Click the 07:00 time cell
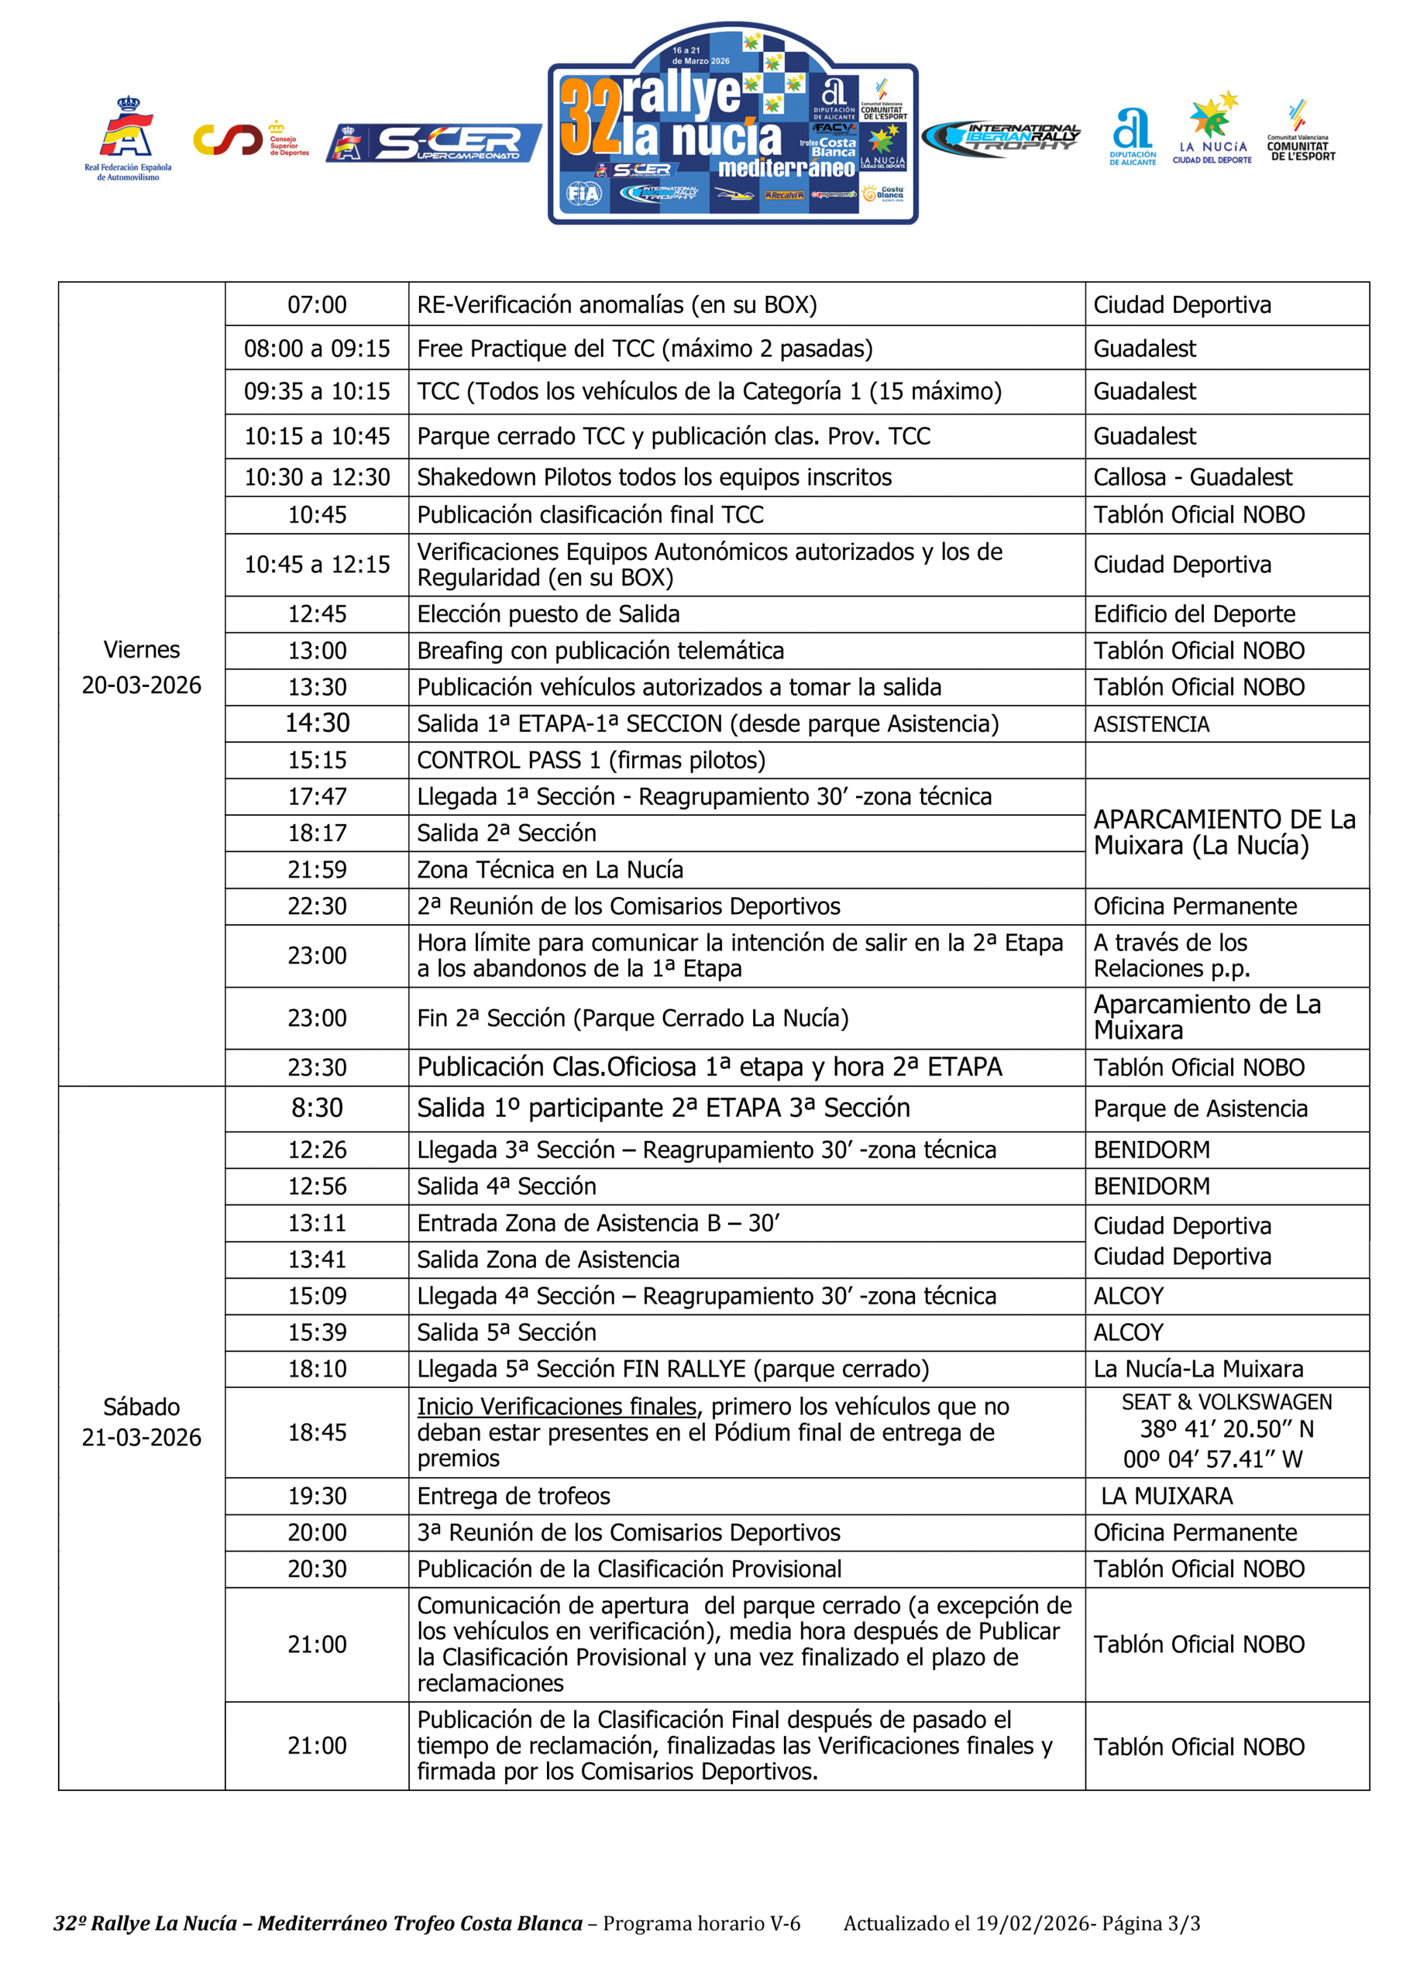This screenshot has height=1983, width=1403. click(x=316, y=305)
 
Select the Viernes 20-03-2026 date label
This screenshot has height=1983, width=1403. click(x=142, y=668)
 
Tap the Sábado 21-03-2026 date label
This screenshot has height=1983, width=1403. click(x=142, y=1421)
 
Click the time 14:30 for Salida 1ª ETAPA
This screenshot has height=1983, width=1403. click(x=316, y=723)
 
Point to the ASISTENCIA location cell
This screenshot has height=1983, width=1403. click(x=1150, y=724)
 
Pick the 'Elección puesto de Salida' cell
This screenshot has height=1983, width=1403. click(x=548, y=614)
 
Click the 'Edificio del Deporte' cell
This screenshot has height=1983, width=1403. click(x=1194, y=614)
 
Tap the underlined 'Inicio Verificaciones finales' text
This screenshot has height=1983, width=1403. click(x=556, y=1407)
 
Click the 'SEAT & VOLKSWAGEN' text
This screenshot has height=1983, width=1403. click(x=1226, y=1402)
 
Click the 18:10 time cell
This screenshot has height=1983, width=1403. click(x=316, y=1369)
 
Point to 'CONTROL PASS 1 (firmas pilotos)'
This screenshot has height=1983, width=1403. click(x=591, y=760)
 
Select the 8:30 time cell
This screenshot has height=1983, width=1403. click(x=316, y=1108)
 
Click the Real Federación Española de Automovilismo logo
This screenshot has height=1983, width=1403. click(x=128, y=138)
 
